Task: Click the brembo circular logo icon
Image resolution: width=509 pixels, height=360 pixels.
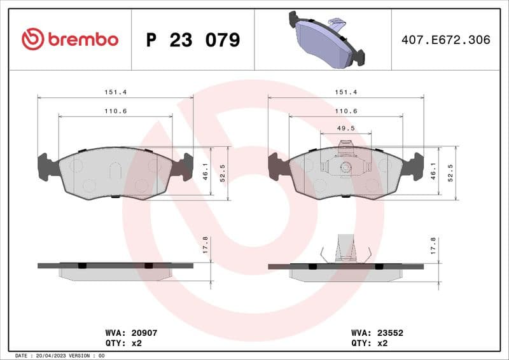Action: pyautogui.click(x=32, y=39)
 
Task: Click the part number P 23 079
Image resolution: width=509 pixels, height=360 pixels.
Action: pyautogui.click(x=193, y=40)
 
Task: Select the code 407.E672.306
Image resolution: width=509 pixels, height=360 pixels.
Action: pyautogui.click(x=445, y=39)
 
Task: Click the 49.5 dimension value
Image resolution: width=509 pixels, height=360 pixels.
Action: pyautogui.click(x=345, y=128)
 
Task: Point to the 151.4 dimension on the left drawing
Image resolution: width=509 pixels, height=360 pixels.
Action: pyautogui.click(x=115, y=92)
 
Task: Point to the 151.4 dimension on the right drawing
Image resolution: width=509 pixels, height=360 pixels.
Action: pyautogui.click(x=345, y=92)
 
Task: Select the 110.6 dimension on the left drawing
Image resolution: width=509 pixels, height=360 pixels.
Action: pyautogui.click(x=115, y=111)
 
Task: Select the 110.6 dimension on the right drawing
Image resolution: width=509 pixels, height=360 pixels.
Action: pyautogui.click(x=345, y=111)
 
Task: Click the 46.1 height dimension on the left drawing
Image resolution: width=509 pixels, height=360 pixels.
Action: pyautogui.click(x=205, y=170)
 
